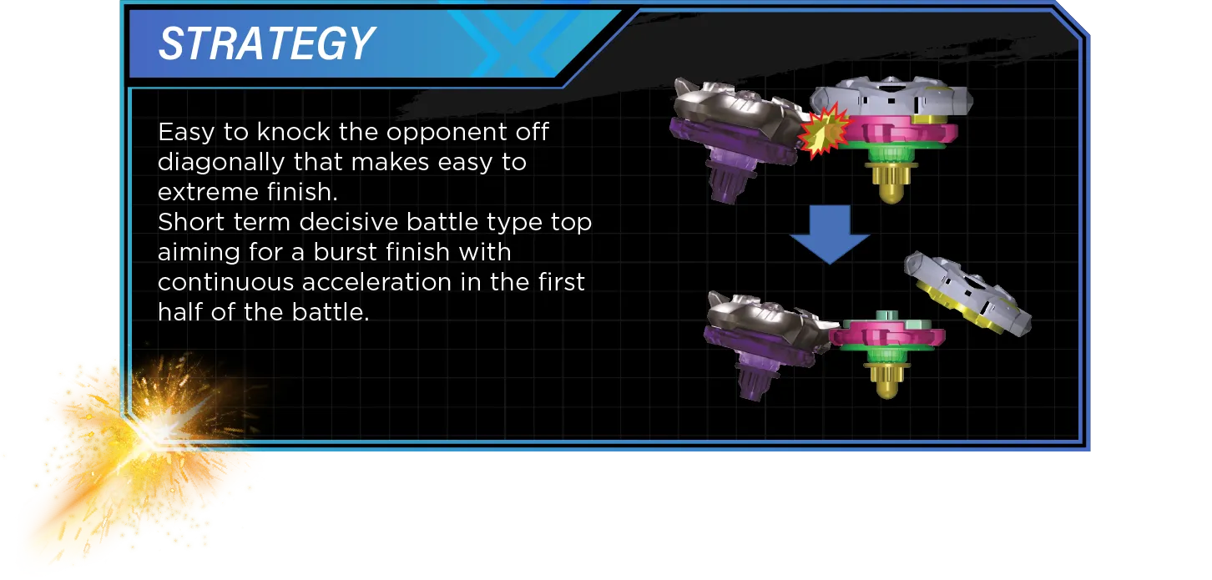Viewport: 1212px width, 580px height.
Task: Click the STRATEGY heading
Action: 266,44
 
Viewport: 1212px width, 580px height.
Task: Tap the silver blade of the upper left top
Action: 735,108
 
